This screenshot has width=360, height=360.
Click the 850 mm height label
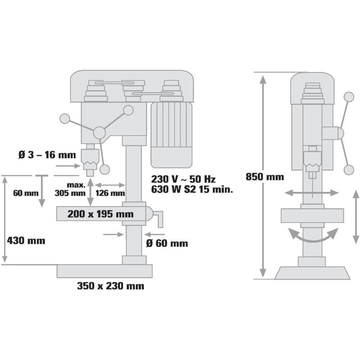tap(265, 177)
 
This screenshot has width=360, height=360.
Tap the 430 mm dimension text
tap(26, 240)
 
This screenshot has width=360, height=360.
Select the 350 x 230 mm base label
tap(111, 286)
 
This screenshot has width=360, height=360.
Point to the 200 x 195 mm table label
tap(100, 214)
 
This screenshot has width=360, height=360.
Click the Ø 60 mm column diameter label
tap(167, 243)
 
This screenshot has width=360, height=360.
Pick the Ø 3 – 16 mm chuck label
tap(47, 155)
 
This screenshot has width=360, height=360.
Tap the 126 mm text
tap(110, 193)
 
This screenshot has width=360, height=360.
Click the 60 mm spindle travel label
tap(26, 193)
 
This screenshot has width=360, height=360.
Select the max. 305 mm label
tap(70, 189)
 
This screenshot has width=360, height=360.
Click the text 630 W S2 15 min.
tap(192, 190)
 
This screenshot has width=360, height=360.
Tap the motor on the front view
tap(171, 135)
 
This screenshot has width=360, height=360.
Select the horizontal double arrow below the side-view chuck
tap(312, 193)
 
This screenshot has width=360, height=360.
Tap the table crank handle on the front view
tap(158, 217)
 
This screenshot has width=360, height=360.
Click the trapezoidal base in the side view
tap(312, 273)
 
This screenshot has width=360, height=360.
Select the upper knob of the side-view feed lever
tap(348, 97)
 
